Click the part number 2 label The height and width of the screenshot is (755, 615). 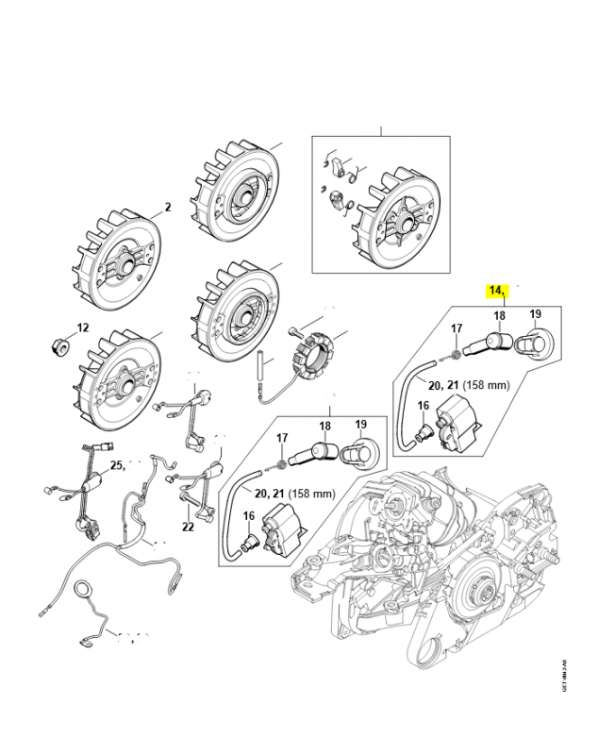tap(167, 207)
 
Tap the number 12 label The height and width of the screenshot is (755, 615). tap(82, 327)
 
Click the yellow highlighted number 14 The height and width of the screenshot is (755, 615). tap(497, 290)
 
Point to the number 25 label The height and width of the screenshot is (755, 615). tap(117, 465)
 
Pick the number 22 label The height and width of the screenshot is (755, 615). tap(188, 527)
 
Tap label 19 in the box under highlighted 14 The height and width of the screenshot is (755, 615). tap(534, 314)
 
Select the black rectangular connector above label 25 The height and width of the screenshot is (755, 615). tap(105, 448)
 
